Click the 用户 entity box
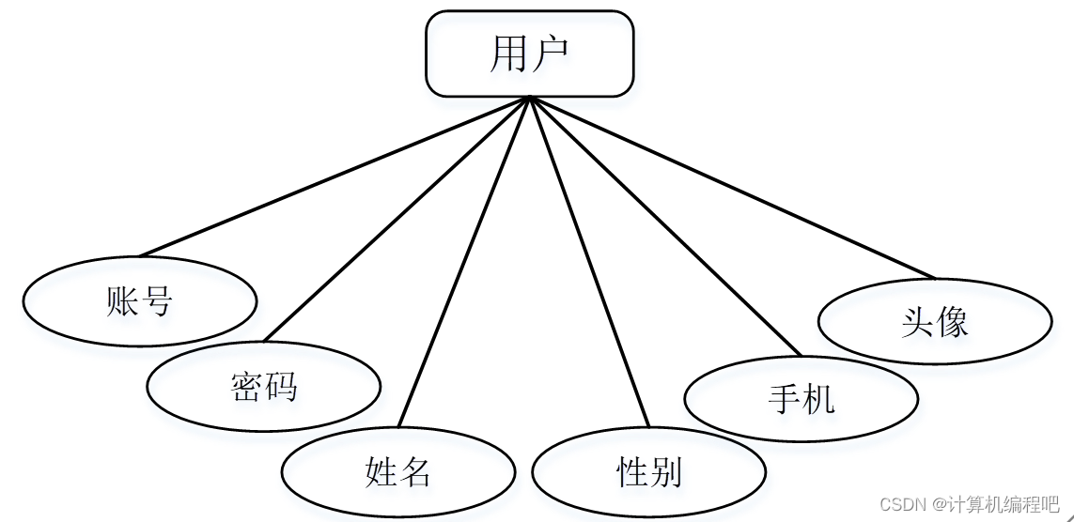point(530,54)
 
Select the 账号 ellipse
point(140,301)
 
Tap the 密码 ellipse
point(264,386)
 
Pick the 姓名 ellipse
point(398,470)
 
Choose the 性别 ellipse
point(649,470)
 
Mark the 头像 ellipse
point(935,322)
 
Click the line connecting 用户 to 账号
point(335,177)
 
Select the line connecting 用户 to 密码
point(398,218)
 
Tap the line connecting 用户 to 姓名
point(465,262)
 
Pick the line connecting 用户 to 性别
point(590,262)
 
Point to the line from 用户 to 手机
point(666,226)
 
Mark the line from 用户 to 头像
point(733,188)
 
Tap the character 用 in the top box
point(508,54)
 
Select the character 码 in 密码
point(281,386)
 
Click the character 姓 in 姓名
point(381,470)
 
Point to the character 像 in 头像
point(952,322)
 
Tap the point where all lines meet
point(531,98)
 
